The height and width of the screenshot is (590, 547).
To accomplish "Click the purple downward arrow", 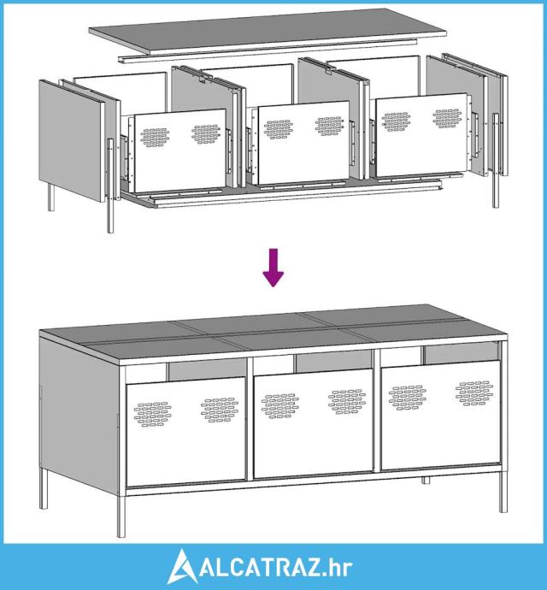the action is pyautogui.click(x=273, y=267).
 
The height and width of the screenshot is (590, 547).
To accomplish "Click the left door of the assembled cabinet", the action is pyautogui.click(x=186, y=432).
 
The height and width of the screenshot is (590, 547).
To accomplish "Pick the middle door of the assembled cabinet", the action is pyautogui.click(x=314, y=423).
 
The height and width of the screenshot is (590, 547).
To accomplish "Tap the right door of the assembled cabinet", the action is pyautogui.click(x=440, y=416).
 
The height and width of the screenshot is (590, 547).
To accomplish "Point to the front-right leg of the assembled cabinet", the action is pyautogui.click(x=503, y=489).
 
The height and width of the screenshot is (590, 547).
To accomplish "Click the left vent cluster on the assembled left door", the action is pyautogui.click(x=153, y=414).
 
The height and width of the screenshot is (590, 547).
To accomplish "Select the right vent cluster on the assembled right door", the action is pyautogui.click(x=474, y=393).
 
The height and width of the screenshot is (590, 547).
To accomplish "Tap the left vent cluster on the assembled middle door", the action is pyautogui.click(x=280, y=406).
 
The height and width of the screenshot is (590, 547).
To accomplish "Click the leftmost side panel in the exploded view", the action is pyautogui.click(x=71, y=140).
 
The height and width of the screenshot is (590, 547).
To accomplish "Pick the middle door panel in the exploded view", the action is pyautogui.click(x=303, y=143).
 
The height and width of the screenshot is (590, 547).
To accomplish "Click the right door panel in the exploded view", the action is pyautogui.click(x=421, y=135).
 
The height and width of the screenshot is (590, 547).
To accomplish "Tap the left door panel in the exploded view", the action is pyautogui.click(x=180, y=151).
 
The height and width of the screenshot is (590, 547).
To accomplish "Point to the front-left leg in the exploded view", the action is pyautogui.click(x=110, y=186).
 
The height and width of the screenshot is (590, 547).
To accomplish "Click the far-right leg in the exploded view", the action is pyautogui.click(x=496, y=160).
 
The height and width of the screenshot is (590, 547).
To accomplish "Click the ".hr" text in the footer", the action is pyautogui.click(x=338, y=569).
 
